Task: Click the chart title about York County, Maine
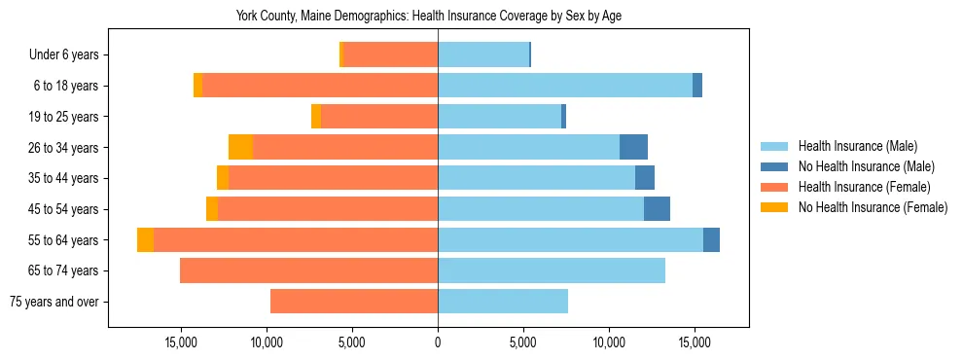coord(429,16)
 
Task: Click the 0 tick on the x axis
coord(438,342)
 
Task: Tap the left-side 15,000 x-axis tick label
coord(182,342)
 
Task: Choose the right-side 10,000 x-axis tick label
coord(609,342)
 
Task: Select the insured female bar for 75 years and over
coord(354,302)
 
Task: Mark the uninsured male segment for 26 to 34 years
coord(633,147)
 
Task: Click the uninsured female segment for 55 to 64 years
coord(145,240)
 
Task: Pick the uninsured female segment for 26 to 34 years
coord(240,147)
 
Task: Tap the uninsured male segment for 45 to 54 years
coord(657,209)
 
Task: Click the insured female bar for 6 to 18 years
coord(320,86)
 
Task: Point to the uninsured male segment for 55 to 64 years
coord(711,240)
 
